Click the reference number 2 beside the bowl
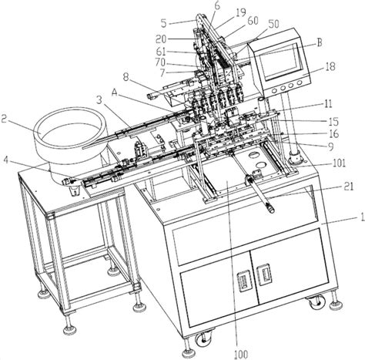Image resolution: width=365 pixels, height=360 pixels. [x=4, y=119]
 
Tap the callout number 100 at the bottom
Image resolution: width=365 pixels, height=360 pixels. [x=241, y=355]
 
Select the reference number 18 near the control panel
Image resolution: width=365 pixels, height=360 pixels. [x=330, y=66]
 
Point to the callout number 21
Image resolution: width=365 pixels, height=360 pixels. [x=349, y=187]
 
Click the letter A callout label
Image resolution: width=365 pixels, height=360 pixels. [x=115, y=93]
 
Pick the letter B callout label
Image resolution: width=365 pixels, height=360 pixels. [x=320, y=42]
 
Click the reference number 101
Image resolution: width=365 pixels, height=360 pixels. [x=339, y=163]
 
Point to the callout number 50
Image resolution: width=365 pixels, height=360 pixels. [x=273, y=24]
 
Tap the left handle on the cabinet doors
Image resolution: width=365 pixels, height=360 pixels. [x=243, y=281]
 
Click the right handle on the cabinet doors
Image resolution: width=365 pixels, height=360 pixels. [x=264, y=275]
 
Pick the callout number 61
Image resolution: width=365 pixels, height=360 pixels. [x=161, y=52]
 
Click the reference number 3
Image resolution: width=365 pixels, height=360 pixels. [x=99, y=100]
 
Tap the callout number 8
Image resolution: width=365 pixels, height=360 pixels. [x=126, y=77]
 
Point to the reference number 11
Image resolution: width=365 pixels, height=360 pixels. [x=327, y=104]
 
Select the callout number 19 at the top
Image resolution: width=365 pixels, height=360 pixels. [x=241, y=12]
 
